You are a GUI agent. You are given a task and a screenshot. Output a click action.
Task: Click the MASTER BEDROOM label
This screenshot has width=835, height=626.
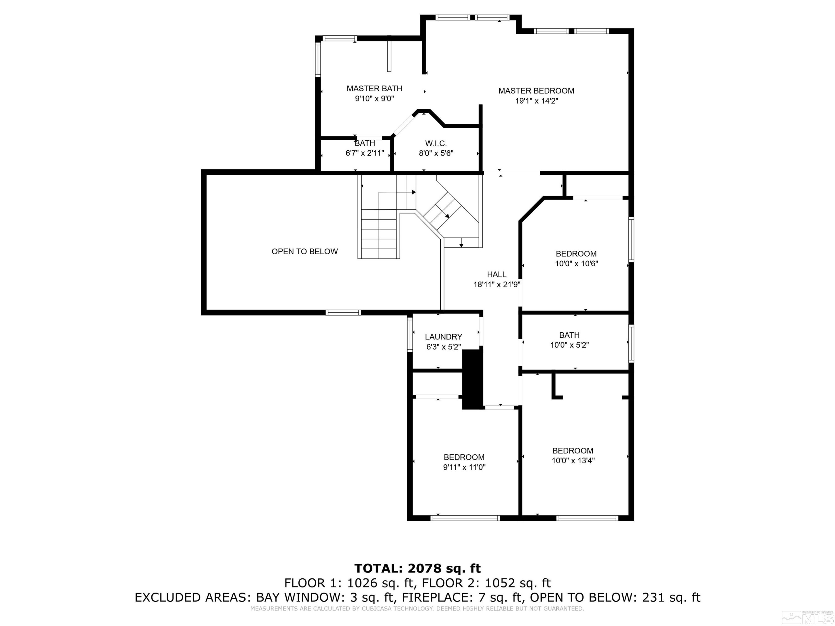point(536,90)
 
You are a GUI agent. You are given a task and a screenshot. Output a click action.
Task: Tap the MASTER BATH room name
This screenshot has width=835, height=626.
point(374,88)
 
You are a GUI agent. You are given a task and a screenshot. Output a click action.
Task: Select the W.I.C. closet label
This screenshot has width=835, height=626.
point(436,143)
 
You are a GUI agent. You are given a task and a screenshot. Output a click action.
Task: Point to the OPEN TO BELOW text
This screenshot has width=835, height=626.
point(304,251)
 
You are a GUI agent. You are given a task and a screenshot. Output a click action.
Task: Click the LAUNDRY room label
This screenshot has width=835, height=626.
point(444,337)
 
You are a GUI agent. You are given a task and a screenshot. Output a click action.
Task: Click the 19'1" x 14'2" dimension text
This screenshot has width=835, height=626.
point(536,101)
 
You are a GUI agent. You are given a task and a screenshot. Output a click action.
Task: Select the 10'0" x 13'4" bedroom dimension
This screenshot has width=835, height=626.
point(573,460)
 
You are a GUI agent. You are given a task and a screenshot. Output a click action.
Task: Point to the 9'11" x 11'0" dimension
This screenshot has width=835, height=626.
point(464,467)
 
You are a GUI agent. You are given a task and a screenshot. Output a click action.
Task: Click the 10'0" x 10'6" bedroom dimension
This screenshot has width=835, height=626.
point(576,263)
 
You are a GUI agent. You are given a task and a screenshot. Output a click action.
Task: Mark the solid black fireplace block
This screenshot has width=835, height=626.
point(473,379)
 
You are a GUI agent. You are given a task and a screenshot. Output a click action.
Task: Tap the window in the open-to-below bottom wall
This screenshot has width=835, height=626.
point(343,312)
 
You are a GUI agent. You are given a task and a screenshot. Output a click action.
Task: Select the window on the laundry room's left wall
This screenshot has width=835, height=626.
point(410,335)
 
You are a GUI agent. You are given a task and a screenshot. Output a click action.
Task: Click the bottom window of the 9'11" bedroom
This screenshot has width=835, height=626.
point(465,518)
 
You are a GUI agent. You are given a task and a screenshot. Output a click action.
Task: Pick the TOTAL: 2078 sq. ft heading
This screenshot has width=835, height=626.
point(417,568)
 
